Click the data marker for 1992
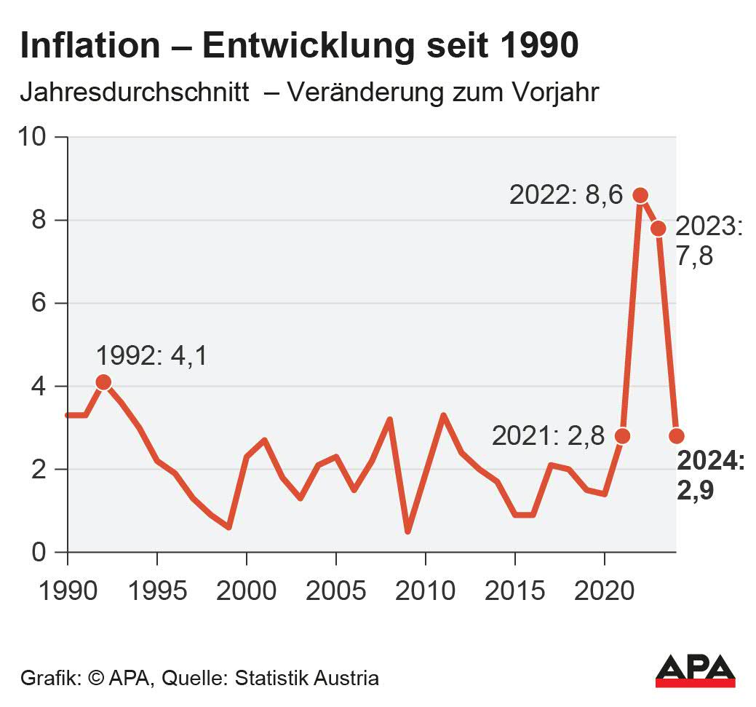click(103, 382)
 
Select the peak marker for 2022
click(640, 195)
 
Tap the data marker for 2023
click(658, 229)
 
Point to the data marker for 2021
click(622, 436)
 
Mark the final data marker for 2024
click(677, 436)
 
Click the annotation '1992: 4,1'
click(151, 355)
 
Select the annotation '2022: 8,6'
click(565, 196)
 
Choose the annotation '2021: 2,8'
click(547, 436)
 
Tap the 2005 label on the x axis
click(335, 590)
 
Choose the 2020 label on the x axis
click(604, 590)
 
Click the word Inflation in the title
click(89, 46)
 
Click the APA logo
click(695, 671)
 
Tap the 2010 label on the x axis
click(425, 590)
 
